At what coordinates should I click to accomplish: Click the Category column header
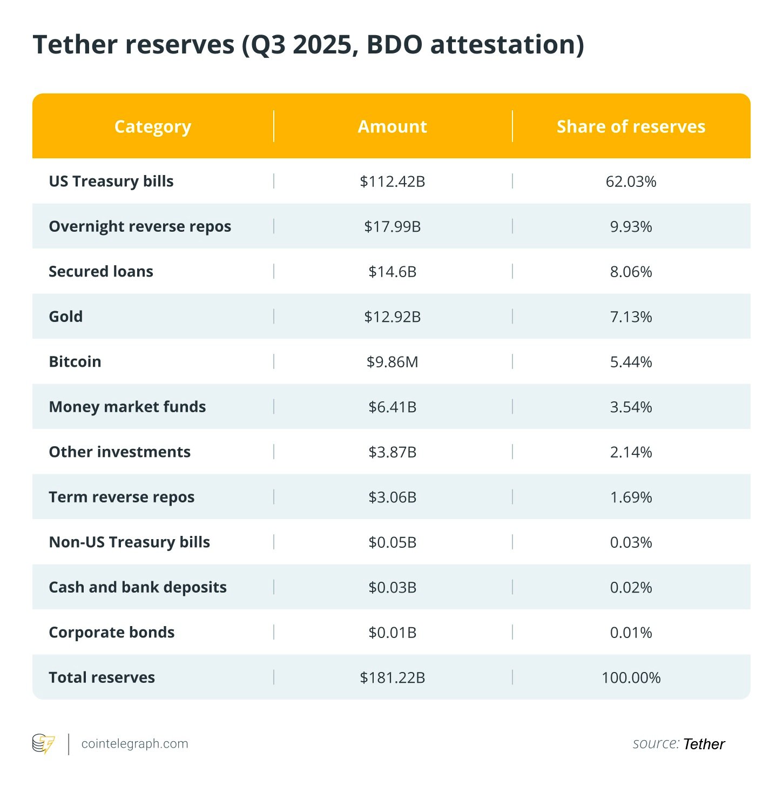(x=153, y=126)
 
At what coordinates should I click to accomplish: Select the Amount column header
(x=393, y=126)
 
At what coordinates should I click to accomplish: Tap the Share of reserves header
(x=631, y=126)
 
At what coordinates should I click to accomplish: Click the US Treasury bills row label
(x=111, y=182)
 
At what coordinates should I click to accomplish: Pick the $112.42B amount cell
(x=393, y=182)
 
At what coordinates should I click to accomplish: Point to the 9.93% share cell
(x=631, y=226)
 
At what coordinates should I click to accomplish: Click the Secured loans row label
(x=101, y=272)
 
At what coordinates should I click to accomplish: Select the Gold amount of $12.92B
(x=393, y=317)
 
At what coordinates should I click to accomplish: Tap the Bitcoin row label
(x=75, y=362)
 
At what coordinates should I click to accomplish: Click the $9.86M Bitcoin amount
(x=393, y=362)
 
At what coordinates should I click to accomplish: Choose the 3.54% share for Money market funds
(x=631, y=407)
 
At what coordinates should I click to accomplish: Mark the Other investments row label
(x=120, y=452)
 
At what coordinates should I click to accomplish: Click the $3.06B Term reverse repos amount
(x=393, y=497)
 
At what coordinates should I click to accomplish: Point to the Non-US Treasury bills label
(x=130, y=542)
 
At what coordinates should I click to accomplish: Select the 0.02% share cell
(x=631, y=587)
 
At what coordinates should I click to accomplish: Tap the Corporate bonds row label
(x=112, y=633)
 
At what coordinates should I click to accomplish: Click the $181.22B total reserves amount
(x=393, y=677)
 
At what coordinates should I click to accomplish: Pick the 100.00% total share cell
(x=631, y=677)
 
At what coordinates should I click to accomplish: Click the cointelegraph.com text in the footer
(x=134, y=744)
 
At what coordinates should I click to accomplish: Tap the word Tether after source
(x=704, y=744)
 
